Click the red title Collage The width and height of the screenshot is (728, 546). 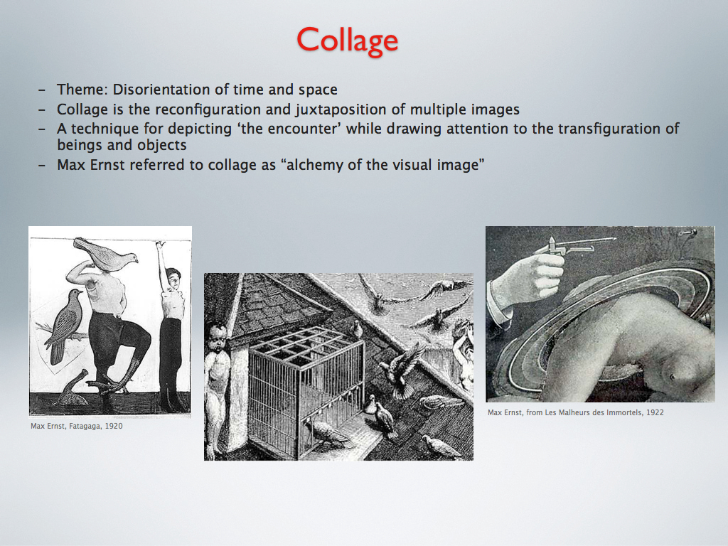(x=347, y=41)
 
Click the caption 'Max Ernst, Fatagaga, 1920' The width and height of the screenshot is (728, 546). (x=77, y=427)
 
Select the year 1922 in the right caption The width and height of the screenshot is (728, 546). (x=655, y=412)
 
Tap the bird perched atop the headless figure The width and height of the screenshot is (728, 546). (x=106, y=255)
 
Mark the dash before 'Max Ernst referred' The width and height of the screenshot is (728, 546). (x=42, y=165)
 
